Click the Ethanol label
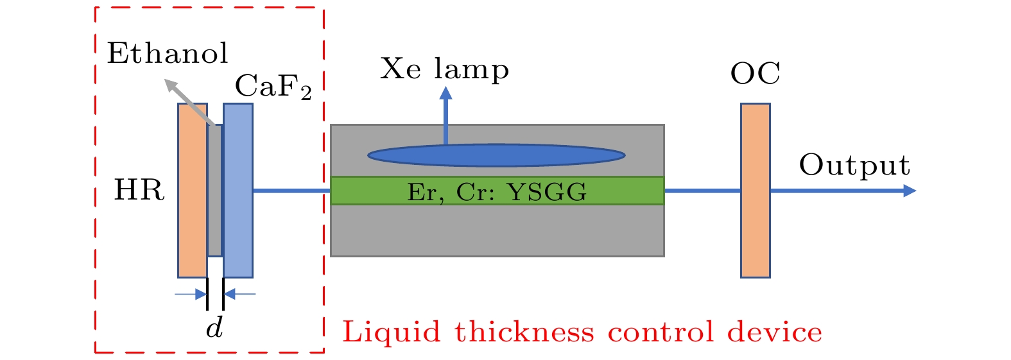[x=167, y=53]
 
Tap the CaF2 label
[x=273, y=87]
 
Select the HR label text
[x=139, y=191]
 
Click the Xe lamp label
[x=444, y=69]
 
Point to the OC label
[x=755, y=74]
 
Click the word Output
[x=854, y=166]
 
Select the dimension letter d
[x=214, y=328]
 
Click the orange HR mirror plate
[x=193, y=191]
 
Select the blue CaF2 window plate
[x=238, y=191]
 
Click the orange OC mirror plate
[x=755, y=191]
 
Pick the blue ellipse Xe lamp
[x=496, y=155]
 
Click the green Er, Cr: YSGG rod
[x=497, y=191]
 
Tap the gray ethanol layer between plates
[x=215, y=193]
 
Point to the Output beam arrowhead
[x=909, y=191]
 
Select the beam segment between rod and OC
[x=702, y=191]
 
